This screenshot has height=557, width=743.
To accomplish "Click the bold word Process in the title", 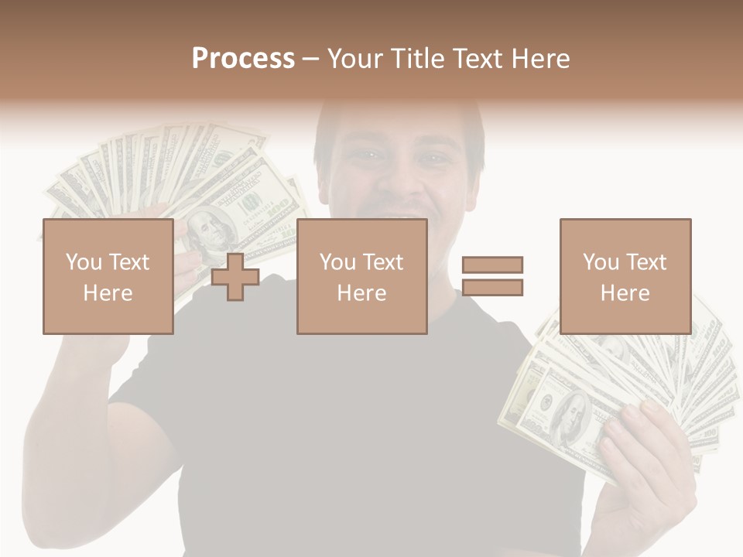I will point(243,59).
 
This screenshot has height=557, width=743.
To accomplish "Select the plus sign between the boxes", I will point(235,276).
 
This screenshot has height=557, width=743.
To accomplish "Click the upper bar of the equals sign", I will point(492,265).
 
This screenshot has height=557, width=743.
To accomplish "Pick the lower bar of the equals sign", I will point(492,288).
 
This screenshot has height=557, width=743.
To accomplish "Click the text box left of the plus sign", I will point(108,276).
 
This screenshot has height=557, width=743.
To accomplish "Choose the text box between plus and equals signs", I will point(361,276).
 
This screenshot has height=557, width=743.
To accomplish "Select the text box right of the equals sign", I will point(625,276).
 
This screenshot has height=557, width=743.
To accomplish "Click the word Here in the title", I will point(537,59).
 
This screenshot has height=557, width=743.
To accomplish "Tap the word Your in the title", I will point(357,59).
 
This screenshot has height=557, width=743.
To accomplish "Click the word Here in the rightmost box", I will point(625,293).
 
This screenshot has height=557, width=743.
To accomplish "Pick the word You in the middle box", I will point(338,262).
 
